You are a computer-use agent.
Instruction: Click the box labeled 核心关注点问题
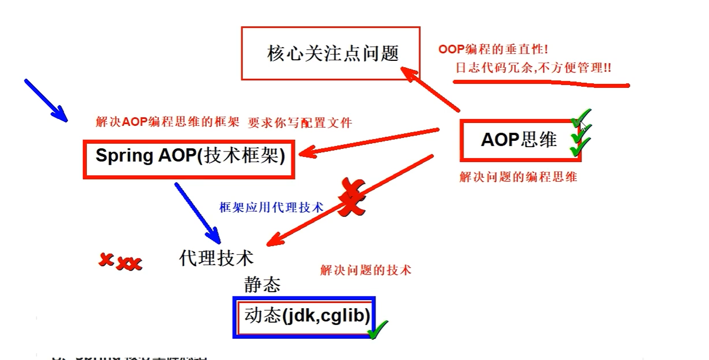pos(331,53)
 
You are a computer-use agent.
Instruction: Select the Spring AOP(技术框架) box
pos(189,158)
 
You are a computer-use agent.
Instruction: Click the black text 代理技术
pos(216,258)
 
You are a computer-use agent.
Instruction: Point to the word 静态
pos(262,285)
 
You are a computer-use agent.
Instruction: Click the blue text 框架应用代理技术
pos(271,208)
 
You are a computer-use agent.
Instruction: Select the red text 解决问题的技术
pos(365,271)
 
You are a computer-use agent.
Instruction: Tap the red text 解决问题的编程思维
pos(518,177)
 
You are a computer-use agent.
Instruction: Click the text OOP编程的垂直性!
pos(493,50)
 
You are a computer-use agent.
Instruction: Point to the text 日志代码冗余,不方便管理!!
pos(533,68)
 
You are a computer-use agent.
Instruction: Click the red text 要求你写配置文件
pos(300,123)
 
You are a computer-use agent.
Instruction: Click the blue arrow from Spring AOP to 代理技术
pos(197,212)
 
